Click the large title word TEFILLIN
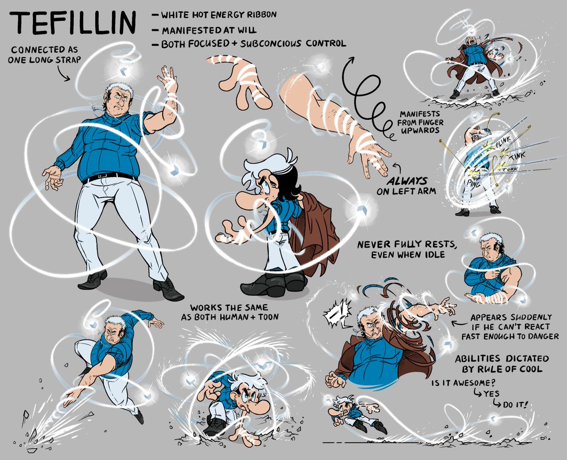click(72, 24)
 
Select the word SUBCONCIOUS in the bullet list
click(271, 43)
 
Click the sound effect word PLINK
click(503, 141)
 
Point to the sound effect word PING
click(473, 183)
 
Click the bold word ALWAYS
click(407, 181)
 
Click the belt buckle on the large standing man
click(102, 176)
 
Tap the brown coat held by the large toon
click(314, 234)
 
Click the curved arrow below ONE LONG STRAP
click(63, 73)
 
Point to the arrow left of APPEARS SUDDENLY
click(460, 324)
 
